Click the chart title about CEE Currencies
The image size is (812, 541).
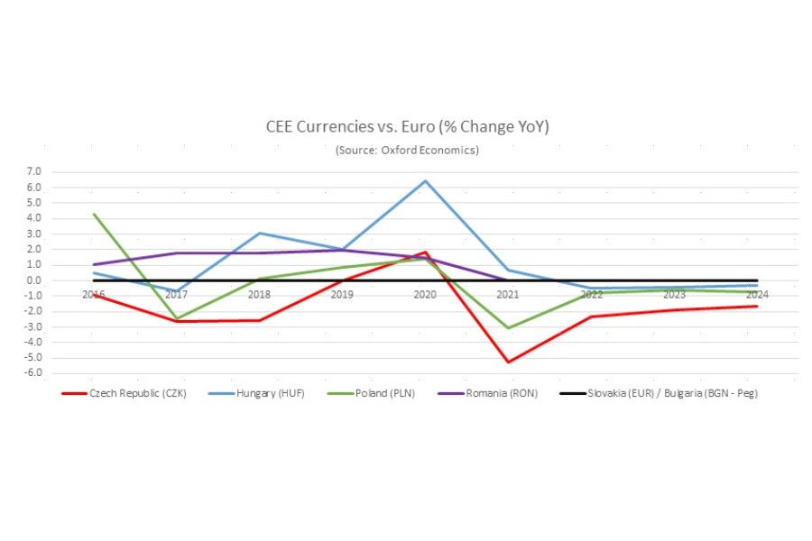click(407, 127)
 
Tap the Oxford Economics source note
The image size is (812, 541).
click(407, 150)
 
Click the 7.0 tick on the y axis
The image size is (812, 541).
click(34, 171)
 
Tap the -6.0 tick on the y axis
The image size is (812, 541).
click(33, 373)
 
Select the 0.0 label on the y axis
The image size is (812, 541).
click(34, 280)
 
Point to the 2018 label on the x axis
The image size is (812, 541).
click(259, 295)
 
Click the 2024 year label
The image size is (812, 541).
click(757, 295)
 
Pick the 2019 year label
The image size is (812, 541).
click(342, 295)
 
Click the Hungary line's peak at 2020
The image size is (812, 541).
click(425, 181)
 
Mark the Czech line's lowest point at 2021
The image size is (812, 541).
click(508, 362)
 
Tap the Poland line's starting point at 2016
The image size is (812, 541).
click(94, 215)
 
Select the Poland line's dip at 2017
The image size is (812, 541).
click(177, 318)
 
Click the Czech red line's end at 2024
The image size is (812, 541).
click(757, 307)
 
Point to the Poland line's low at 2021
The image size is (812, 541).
click(508, 328)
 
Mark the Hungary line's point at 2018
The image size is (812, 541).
click(260, 234)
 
